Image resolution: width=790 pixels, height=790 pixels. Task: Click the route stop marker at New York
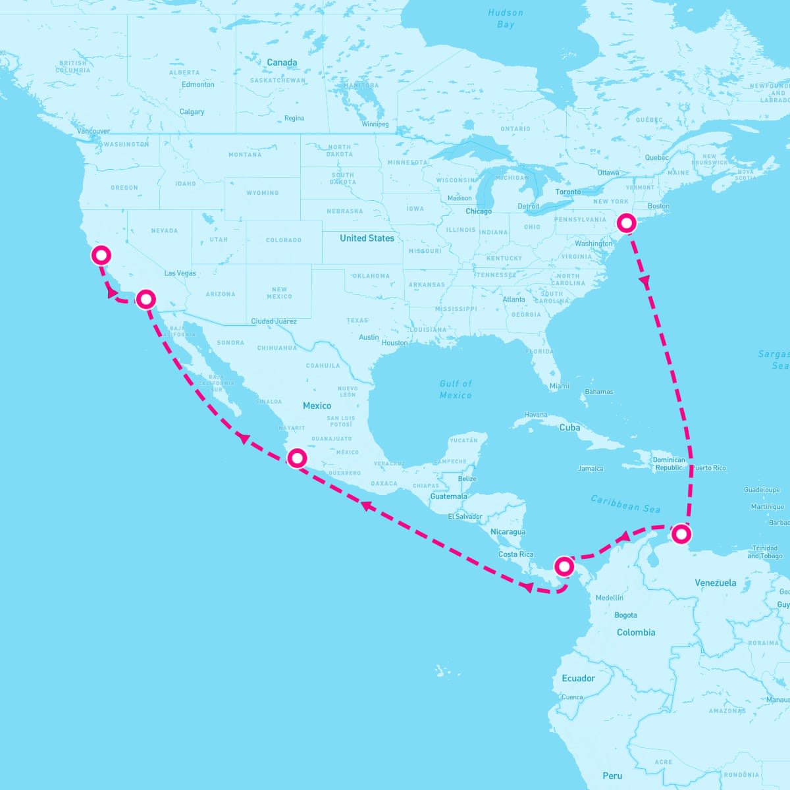point(627,223)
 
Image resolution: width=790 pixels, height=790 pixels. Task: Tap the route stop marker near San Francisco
point(101,255)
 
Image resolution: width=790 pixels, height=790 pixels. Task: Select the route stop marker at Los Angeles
point(146,300)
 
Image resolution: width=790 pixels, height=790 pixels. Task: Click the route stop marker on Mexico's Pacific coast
point(298,458)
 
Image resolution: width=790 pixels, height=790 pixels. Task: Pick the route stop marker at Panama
point(565,566)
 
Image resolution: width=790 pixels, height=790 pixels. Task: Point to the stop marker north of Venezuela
point(683,533)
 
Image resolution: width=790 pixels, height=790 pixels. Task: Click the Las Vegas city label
point(180,273)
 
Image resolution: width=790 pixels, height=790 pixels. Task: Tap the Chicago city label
point(479,211)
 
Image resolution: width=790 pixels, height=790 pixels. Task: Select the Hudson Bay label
point(506,18)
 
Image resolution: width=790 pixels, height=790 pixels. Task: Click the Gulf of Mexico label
point(456,389)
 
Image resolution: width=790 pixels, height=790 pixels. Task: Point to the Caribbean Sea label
point(625,504)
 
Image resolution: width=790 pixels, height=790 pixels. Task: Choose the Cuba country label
point(569,427)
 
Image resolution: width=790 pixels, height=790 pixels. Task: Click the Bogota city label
point(625,616)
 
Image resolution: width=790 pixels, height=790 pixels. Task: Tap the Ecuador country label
point(578,678)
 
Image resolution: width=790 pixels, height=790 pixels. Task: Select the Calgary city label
point(192,112)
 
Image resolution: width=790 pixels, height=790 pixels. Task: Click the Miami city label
point(559,386)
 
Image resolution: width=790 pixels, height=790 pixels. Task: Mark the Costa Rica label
point(515,554)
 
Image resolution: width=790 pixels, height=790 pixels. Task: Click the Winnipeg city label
point(375,124)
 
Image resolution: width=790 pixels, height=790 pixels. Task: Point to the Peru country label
point(612,776)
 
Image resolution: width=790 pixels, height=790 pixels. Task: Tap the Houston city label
point(394,343)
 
